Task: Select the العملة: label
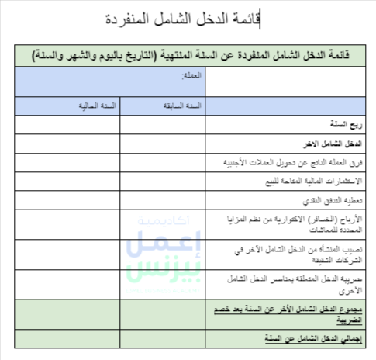(x=190, y=76)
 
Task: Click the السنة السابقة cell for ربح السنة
(x=162, y=124)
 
